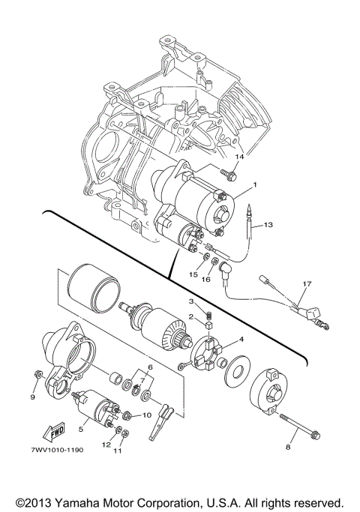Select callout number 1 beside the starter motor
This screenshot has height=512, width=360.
[x=254, y=184]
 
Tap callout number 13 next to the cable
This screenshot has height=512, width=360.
[x=269, y=224]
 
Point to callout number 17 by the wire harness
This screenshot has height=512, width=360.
[x=306, y=284]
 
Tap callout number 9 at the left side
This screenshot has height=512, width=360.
[x=33, y=397]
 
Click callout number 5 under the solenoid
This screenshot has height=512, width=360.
[x=80, y=430]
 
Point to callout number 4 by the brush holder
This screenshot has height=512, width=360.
[x=241, y=338]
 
